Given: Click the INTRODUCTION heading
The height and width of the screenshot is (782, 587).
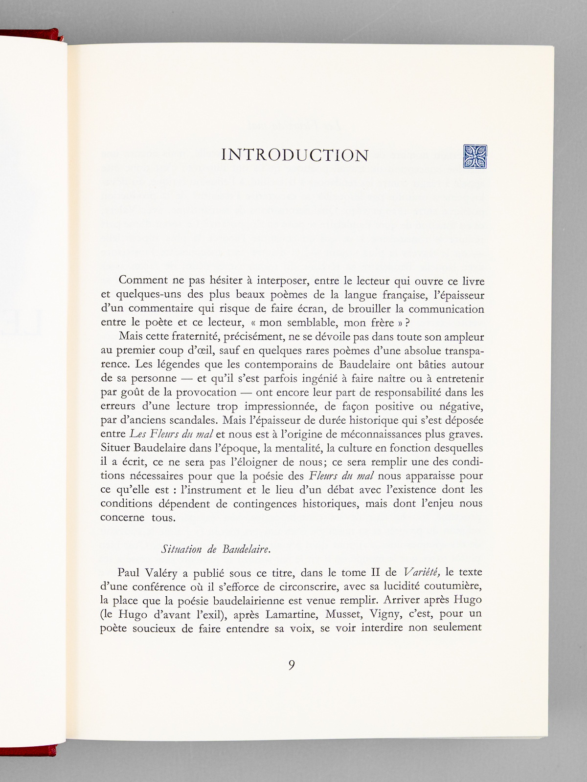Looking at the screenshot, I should coord(295,155).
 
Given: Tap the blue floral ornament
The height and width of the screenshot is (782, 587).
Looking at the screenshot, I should coord(474,156).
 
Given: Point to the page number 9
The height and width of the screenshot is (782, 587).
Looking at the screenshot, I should coord(292,665).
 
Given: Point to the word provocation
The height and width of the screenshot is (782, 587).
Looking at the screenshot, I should coord(205,392).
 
